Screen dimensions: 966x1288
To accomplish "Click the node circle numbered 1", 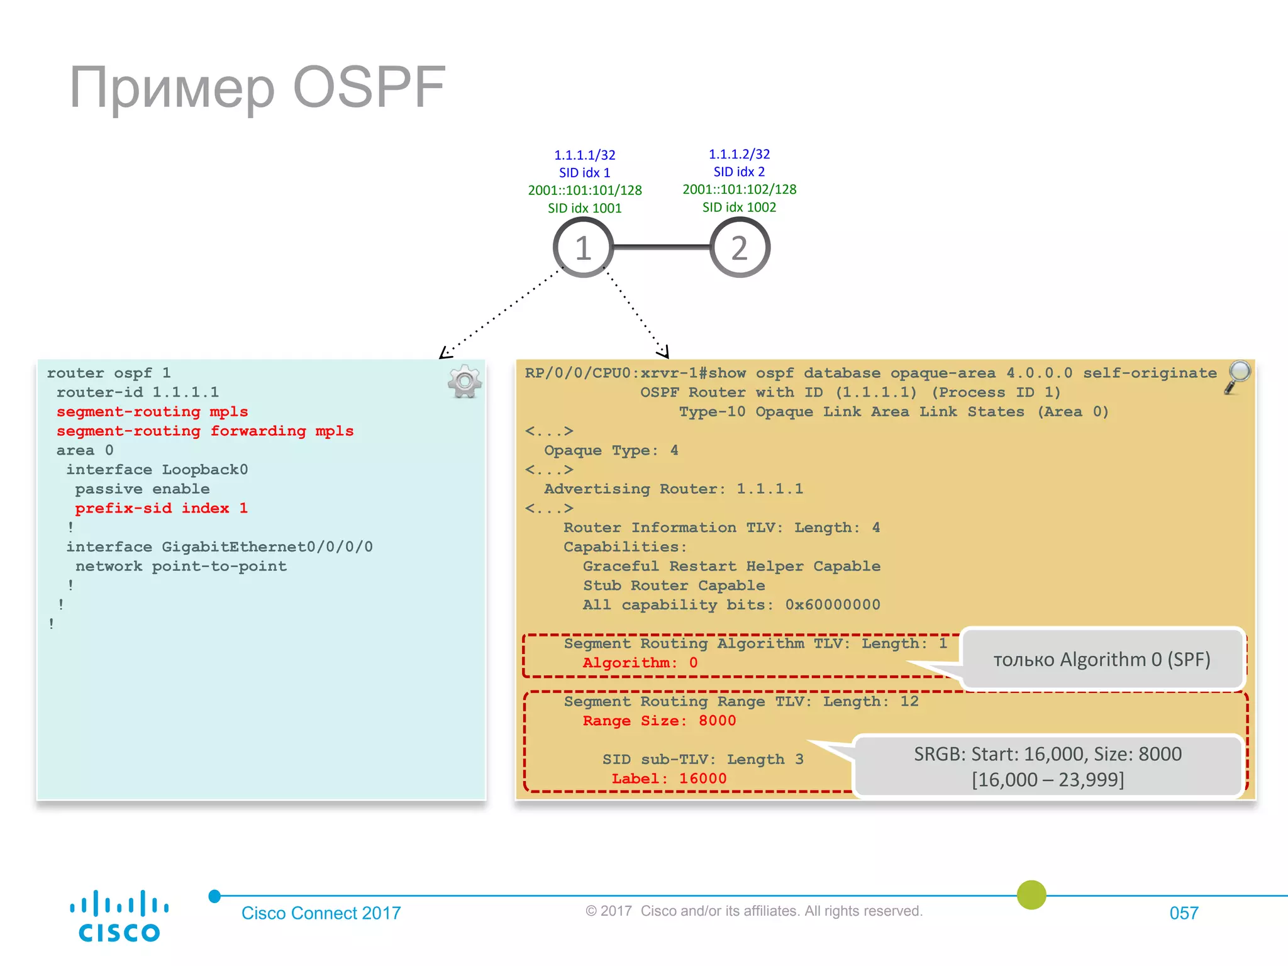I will click(x=583, y=247).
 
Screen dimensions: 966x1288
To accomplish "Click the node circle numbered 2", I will click(x=740, y=247).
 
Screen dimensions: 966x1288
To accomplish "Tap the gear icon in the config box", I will click(x=465, y=381).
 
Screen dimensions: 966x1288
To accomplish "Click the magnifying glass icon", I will click(x=1238, y=376).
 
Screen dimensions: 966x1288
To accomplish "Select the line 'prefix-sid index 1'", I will click(x=161, y=508).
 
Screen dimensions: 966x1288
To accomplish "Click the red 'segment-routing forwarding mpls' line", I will click(x=205, y=431).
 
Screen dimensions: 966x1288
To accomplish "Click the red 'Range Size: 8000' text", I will click(x=658, y=721).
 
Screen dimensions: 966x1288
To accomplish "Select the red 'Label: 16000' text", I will click(x=669, y=779).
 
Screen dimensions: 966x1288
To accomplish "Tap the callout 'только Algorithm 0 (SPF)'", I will click(x=1102, y=659).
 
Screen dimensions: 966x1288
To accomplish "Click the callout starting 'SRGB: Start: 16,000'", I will click(x=1048, y=766).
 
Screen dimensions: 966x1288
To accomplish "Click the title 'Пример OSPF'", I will click(x=257, y=87).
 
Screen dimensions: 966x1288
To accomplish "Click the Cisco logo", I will click(x=119, y=916).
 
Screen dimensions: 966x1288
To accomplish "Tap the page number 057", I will click(x=1184, y=913).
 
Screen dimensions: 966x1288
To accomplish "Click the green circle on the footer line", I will click(x=1031, y=895).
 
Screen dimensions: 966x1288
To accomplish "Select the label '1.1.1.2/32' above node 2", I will click(x=739, y=154).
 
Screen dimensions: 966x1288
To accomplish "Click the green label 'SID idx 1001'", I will click(x=584, y=208).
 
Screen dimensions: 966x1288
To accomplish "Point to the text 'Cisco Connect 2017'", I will click(x=321, y=913).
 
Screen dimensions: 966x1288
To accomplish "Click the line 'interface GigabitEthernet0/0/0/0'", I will click(x=219, y=547).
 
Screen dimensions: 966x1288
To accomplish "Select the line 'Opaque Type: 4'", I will click(x=611, y=450).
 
